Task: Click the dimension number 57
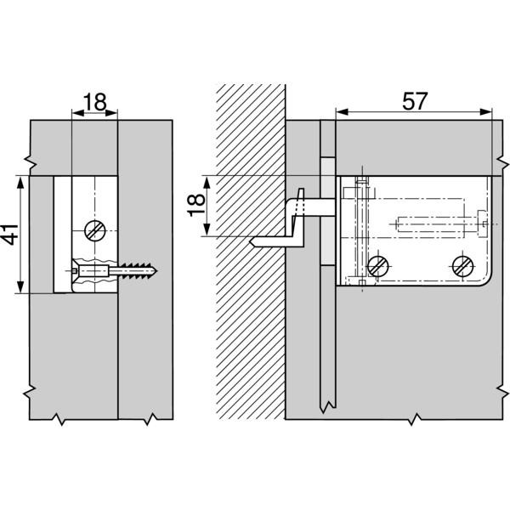coord(415,101)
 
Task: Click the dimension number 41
coord(10,235)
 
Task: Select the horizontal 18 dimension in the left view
coord(95,102)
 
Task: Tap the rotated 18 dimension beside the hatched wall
coord(196,205)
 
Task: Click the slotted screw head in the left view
coord(95,231)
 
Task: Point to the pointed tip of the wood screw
coord(156,270)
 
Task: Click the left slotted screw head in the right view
coord(378,266)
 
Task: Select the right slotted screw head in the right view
coord(463,266)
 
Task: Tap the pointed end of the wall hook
coord(252,242)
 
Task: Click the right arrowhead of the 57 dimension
coord(486,112)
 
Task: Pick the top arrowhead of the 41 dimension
coord(20,183)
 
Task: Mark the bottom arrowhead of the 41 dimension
coord(20,287)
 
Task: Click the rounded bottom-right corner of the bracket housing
coord(485,280)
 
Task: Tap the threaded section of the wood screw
coord(137,270)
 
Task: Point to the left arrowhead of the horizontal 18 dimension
coord(77,113)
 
